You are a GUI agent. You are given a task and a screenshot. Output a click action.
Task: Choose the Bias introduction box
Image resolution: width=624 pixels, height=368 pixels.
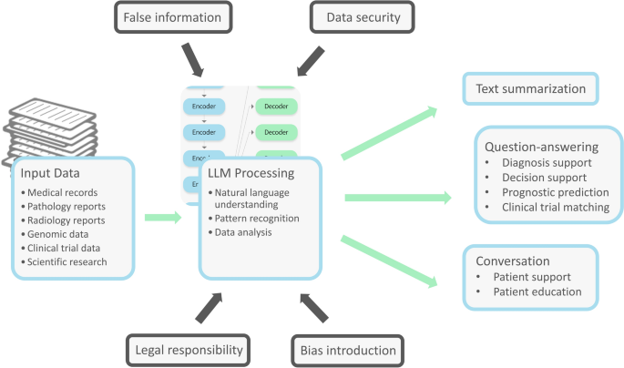tap(348, 350)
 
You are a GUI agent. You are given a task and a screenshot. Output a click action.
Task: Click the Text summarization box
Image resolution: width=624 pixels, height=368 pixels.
tap(530, 89)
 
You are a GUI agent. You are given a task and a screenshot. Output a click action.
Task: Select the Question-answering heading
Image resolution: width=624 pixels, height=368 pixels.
tap(540, 146)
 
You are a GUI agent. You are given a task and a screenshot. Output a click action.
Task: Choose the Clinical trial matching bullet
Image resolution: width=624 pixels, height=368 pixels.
tap(555, 206)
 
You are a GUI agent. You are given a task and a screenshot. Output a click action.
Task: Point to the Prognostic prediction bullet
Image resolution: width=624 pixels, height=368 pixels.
tap(554, 191)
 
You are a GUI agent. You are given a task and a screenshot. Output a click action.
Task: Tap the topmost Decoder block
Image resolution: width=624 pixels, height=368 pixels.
tap(275, 106)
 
